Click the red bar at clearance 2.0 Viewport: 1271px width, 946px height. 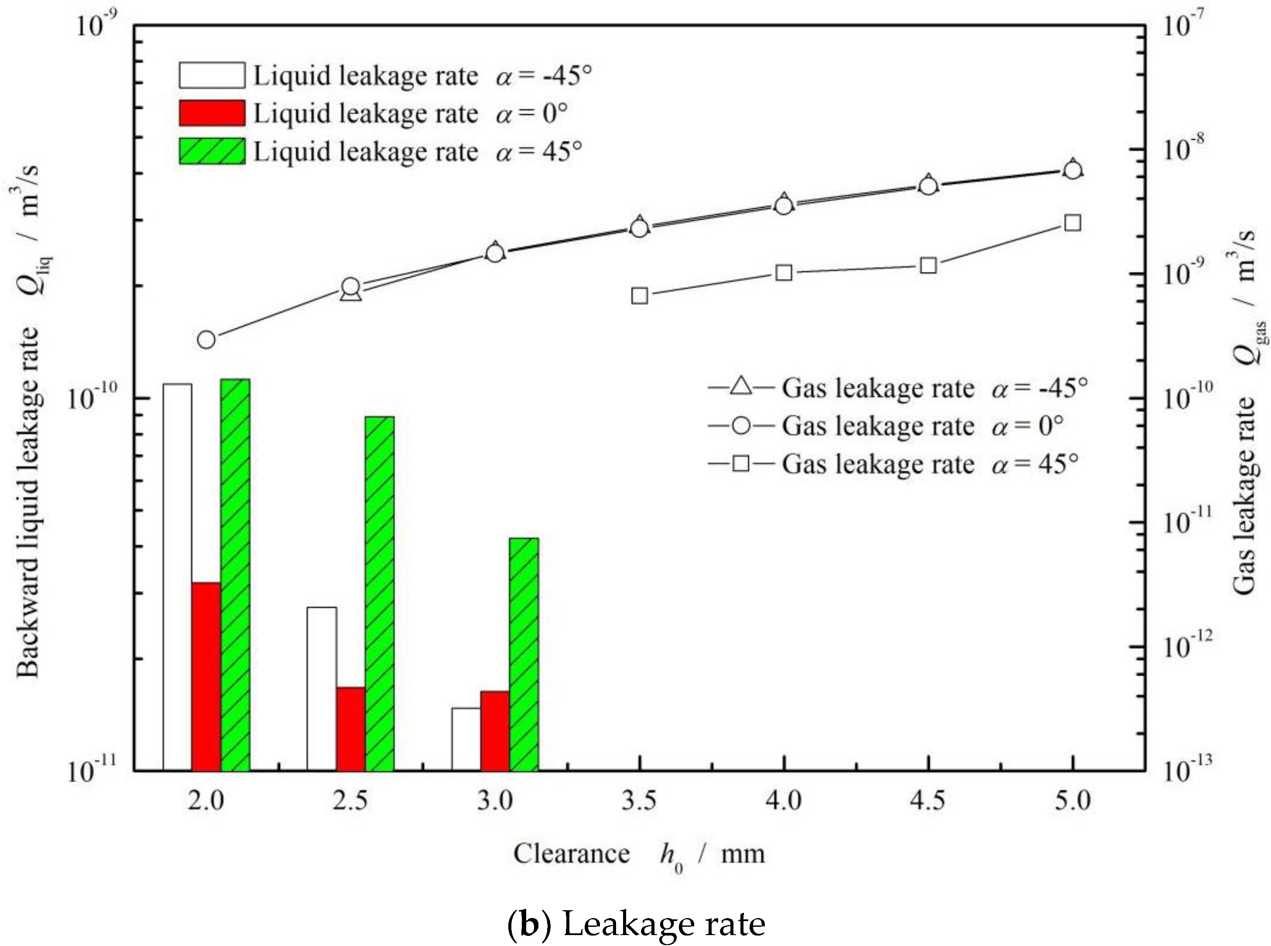[206, 676]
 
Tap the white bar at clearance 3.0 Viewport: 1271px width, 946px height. [466, 739]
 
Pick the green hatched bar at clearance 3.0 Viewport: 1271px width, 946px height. [524, 654]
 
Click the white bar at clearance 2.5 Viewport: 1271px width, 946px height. [322, 688]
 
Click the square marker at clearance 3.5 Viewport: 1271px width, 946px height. [640, 295]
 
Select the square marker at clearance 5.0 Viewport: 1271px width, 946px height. [1072, 223]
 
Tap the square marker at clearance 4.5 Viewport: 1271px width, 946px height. [928, 265]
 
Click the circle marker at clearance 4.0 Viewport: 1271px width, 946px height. [784, 205]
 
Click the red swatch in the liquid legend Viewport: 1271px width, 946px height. [212, 113]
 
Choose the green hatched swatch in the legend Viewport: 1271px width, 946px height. [212, 151]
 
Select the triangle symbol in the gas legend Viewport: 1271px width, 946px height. [741, 387]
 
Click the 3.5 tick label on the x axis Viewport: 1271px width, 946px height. [639, 801]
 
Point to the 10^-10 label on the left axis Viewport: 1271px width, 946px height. [92, 396]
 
